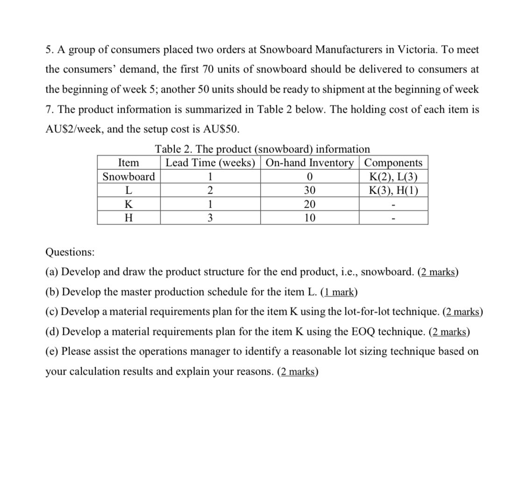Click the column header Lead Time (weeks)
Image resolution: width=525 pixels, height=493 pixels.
(x=210, y=163)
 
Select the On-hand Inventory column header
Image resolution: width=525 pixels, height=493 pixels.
(x=310, y=163)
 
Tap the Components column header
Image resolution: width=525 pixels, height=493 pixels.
(x=393, y=163)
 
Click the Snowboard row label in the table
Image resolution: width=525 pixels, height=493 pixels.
(x=128, y=177)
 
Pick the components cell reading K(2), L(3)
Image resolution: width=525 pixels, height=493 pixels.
(x=393, y=177)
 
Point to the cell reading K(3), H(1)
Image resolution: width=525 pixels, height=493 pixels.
(x=393, y=190)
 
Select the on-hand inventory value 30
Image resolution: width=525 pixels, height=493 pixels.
(x=310, y=190)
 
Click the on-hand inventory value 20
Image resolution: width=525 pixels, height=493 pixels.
(x=310, y=204)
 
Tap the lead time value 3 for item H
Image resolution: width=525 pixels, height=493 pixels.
(x=210, y=218)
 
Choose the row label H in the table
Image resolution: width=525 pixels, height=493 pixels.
(x=128, y=218)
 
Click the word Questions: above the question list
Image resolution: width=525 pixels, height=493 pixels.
(x=70, y=252)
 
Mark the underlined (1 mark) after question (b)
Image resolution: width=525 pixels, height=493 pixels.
(x=339, y=292)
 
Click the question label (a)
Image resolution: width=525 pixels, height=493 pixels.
(x=52, y=272)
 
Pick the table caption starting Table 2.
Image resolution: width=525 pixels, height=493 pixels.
(x=262, y=149)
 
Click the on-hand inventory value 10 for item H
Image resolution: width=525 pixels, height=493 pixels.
(x=310, y=218)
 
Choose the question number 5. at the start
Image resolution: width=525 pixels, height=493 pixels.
(x=49, y=50)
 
